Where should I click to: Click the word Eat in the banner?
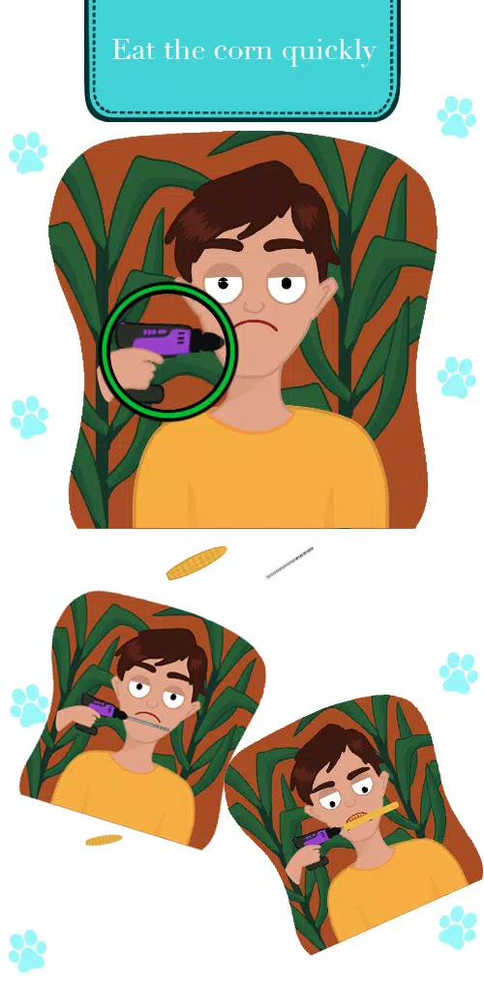(x=134, y=49)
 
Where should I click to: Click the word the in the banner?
(x=185, y=49)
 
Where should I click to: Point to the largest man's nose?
(x=256, y=305)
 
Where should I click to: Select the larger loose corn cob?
(x=197, y=563)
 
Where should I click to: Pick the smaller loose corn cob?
(x=104, y=840)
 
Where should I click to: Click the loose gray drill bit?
(x=289, y=563)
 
